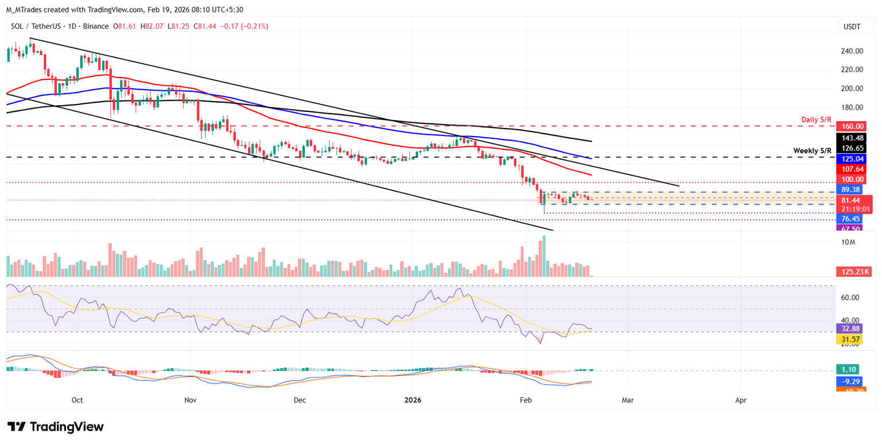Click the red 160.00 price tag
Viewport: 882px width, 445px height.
pyautogui.click(x=853, y=126)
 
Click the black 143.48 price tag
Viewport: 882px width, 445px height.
pyautogui.click(x=853, y=137)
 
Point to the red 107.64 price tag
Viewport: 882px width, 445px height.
pyautogui.click(x=853, y=169)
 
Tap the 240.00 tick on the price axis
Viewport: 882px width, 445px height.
pyautogui.click(x=852, y=51)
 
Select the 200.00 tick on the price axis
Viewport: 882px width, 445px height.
pyautogui.click(x=852, y=88)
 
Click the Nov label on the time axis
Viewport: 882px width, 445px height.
pyautogui.click(x=191, y=400)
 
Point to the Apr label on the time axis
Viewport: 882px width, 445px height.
pyautogui.click(x=741, y=400)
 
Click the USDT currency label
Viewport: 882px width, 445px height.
pyautogui.click(x=852, y=26)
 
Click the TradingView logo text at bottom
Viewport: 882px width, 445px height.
pyautogui.click(x=56, y=427)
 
